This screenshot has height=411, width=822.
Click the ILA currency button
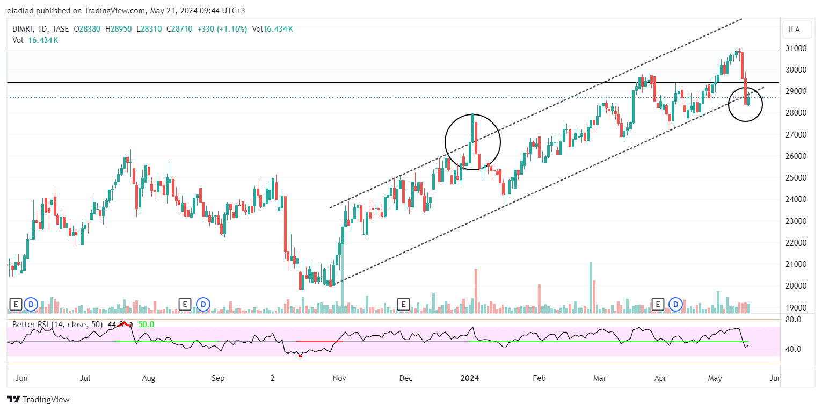(x=794, y=30)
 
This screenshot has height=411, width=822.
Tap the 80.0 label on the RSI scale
(x=794, y=320)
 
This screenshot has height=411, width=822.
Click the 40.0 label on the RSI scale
(x=794, y=349)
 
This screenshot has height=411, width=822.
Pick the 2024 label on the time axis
(x=473, y=378)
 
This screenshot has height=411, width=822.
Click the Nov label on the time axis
(x=339, y=378)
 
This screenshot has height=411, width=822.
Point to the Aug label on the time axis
(x=149, y=378)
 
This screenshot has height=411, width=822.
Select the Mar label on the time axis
(x=600, y=378)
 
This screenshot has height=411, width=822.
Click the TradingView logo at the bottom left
(x=38, y=400)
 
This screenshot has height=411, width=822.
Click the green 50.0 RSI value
(x=146, y=325)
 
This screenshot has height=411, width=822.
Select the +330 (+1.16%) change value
(x=221, y=29)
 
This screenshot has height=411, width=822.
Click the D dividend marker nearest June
(x=31, y=305)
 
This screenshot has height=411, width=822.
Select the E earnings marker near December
(x=403, y=305)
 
